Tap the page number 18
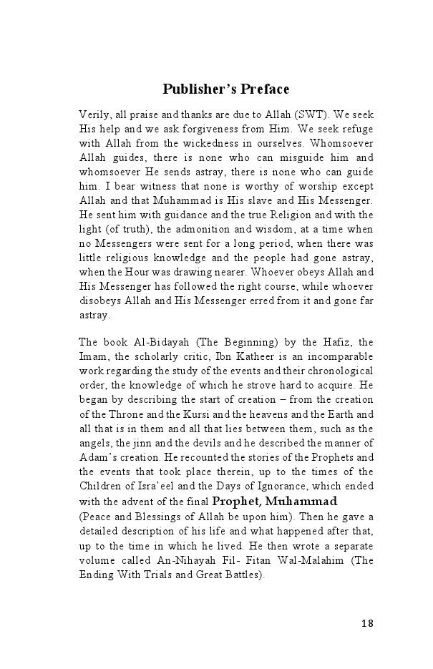click(367, 623)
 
